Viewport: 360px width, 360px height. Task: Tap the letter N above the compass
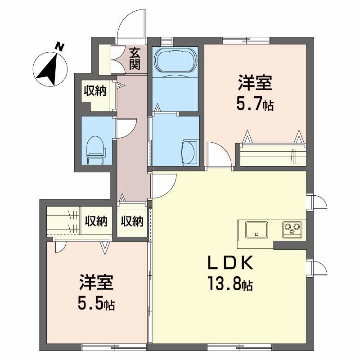point(58,46)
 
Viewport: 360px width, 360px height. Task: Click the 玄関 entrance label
point(134,58)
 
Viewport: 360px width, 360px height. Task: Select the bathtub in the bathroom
point(175,61)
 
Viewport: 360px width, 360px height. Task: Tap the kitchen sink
point(256,229)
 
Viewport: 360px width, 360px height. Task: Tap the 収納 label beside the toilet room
point(94,90)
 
